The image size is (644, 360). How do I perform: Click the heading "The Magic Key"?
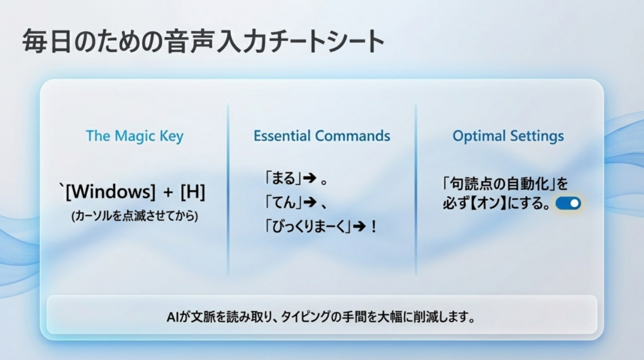pyautogui.click(x=135, y=136)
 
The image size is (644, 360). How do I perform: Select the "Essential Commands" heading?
pyautogui.click(x=321, y=135)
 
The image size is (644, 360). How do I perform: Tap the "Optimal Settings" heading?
pyautogui.click(x=508, y=136)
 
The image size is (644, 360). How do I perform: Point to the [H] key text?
pyautogui.click(x=192, y=191)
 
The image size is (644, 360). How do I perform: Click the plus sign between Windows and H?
pyautogui.click(x=169, y=193)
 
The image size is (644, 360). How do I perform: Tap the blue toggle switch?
pyautogui.click(x=568, y=203)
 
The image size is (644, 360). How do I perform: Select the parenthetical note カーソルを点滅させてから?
pyautogui.click(x=135, y=216)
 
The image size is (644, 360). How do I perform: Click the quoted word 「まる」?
pyautogui.click(x=283, y=178)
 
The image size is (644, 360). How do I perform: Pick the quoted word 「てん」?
pyautogui.click(x=283, y=202)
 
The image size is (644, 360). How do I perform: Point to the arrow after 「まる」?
pyautogui.click(x=310, y=178)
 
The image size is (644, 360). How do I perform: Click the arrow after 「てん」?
pyautogui.click(x=310, y=202)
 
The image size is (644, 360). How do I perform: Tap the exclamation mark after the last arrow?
pyautogui.click(x=374, y=227)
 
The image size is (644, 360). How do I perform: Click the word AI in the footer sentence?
pyautogui.click(x=172, y=317)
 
